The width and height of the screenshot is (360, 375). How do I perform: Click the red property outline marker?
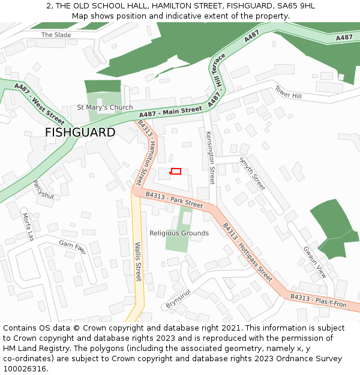176,172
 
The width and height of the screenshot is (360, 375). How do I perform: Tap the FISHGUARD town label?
80,133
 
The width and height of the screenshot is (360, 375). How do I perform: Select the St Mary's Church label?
105,108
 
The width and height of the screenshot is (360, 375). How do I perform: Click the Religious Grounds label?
179,233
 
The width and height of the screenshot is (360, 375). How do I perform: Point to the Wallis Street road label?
137,262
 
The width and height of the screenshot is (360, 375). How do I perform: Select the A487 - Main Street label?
170,111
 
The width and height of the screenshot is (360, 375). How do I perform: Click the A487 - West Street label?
39,102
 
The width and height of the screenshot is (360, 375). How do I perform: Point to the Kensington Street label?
210,157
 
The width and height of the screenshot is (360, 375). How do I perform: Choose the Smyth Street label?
252,173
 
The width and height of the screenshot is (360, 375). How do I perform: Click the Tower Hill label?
288,92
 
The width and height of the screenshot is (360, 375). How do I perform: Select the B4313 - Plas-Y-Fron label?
319,301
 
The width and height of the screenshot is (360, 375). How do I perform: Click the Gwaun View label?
315,262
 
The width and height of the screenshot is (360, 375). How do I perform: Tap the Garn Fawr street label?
73,247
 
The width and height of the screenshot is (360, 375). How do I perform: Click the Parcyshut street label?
43,190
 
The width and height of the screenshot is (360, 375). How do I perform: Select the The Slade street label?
56,35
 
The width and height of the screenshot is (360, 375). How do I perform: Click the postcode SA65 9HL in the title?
295,6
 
